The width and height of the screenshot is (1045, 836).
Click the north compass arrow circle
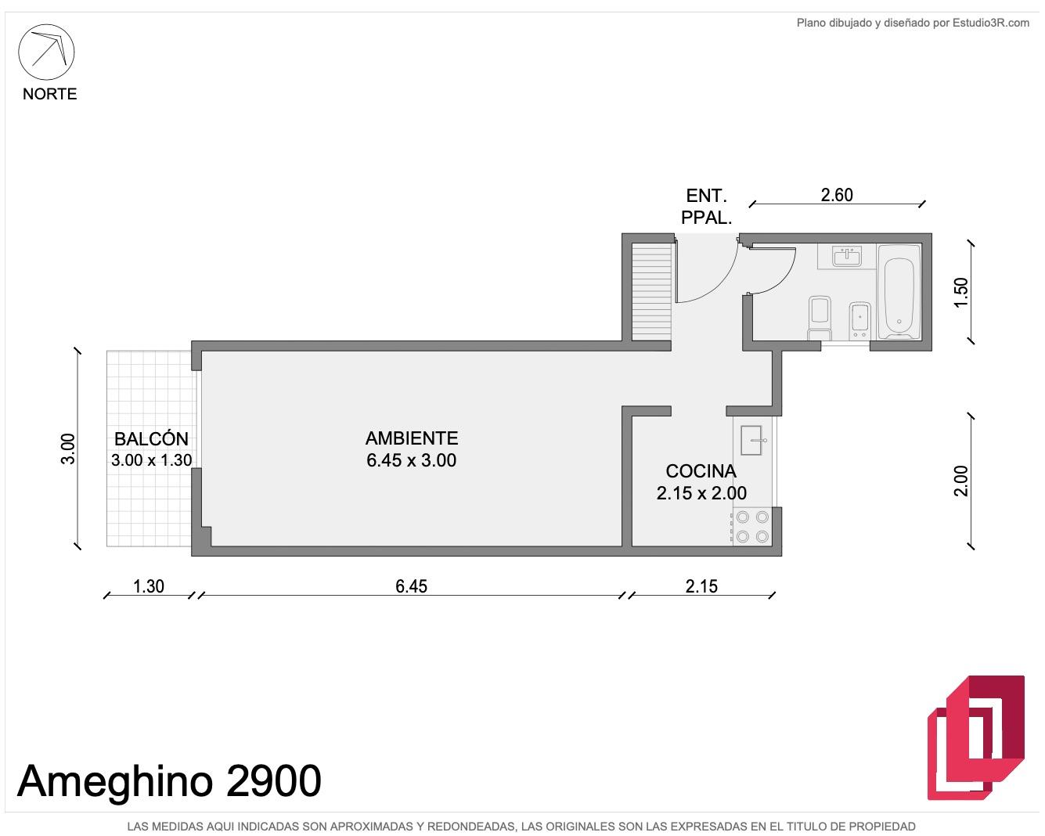click(46, 24)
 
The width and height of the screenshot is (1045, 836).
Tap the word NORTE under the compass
click(49, 94)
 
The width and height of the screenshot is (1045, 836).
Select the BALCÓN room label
click(152, 438)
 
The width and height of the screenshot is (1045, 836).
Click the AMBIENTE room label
click(412, 438)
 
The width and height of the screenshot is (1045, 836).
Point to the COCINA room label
click(701, 470)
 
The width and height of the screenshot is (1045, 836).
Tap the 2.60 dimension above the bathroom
click(837, 195)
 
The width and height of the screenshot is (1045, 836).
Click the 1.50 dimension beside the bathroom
click(961, 292)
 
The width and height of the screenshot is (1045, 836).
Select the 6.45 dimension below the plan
click(411, 586)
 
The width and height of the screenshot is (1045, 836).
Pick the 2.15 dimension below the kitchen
click(701, 586)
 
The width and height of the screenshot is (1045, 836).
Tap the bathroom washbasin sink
click(847, 256)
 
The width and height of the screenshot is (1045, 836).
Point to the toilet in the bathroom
click(820, 318)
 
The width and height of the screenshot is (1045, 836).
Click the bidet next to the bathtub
click(860, 321)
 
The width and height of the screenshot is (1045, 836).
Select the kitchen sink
click(751, 440)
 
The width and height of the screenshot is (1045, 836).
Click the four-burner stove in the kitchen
click(752, 527)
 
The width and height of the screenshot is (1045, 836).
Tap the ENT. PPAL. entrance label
click(707, 207)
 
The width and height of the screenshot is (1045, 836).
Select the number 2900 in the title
click(274, 781)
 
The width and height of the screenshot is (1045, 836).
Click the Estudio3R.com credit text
click(991, 23)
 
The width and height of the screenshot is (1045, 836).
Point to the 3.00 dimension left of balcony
click(68, 449)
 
